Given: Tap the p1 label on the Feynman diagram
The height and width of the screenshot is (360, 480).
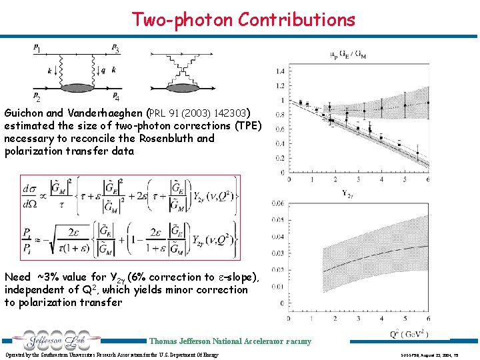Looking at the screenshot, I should coord(37,47).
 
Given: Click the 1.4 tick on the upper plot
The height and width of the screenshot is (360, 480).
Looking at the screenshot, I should coord(279,71).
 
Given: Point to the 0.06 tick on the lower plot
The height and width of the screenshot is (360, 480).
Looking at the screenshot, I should coord(277,203).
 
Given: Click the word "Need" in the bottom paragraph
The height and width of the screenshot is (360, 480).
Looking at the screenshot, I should coord(18,277).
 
